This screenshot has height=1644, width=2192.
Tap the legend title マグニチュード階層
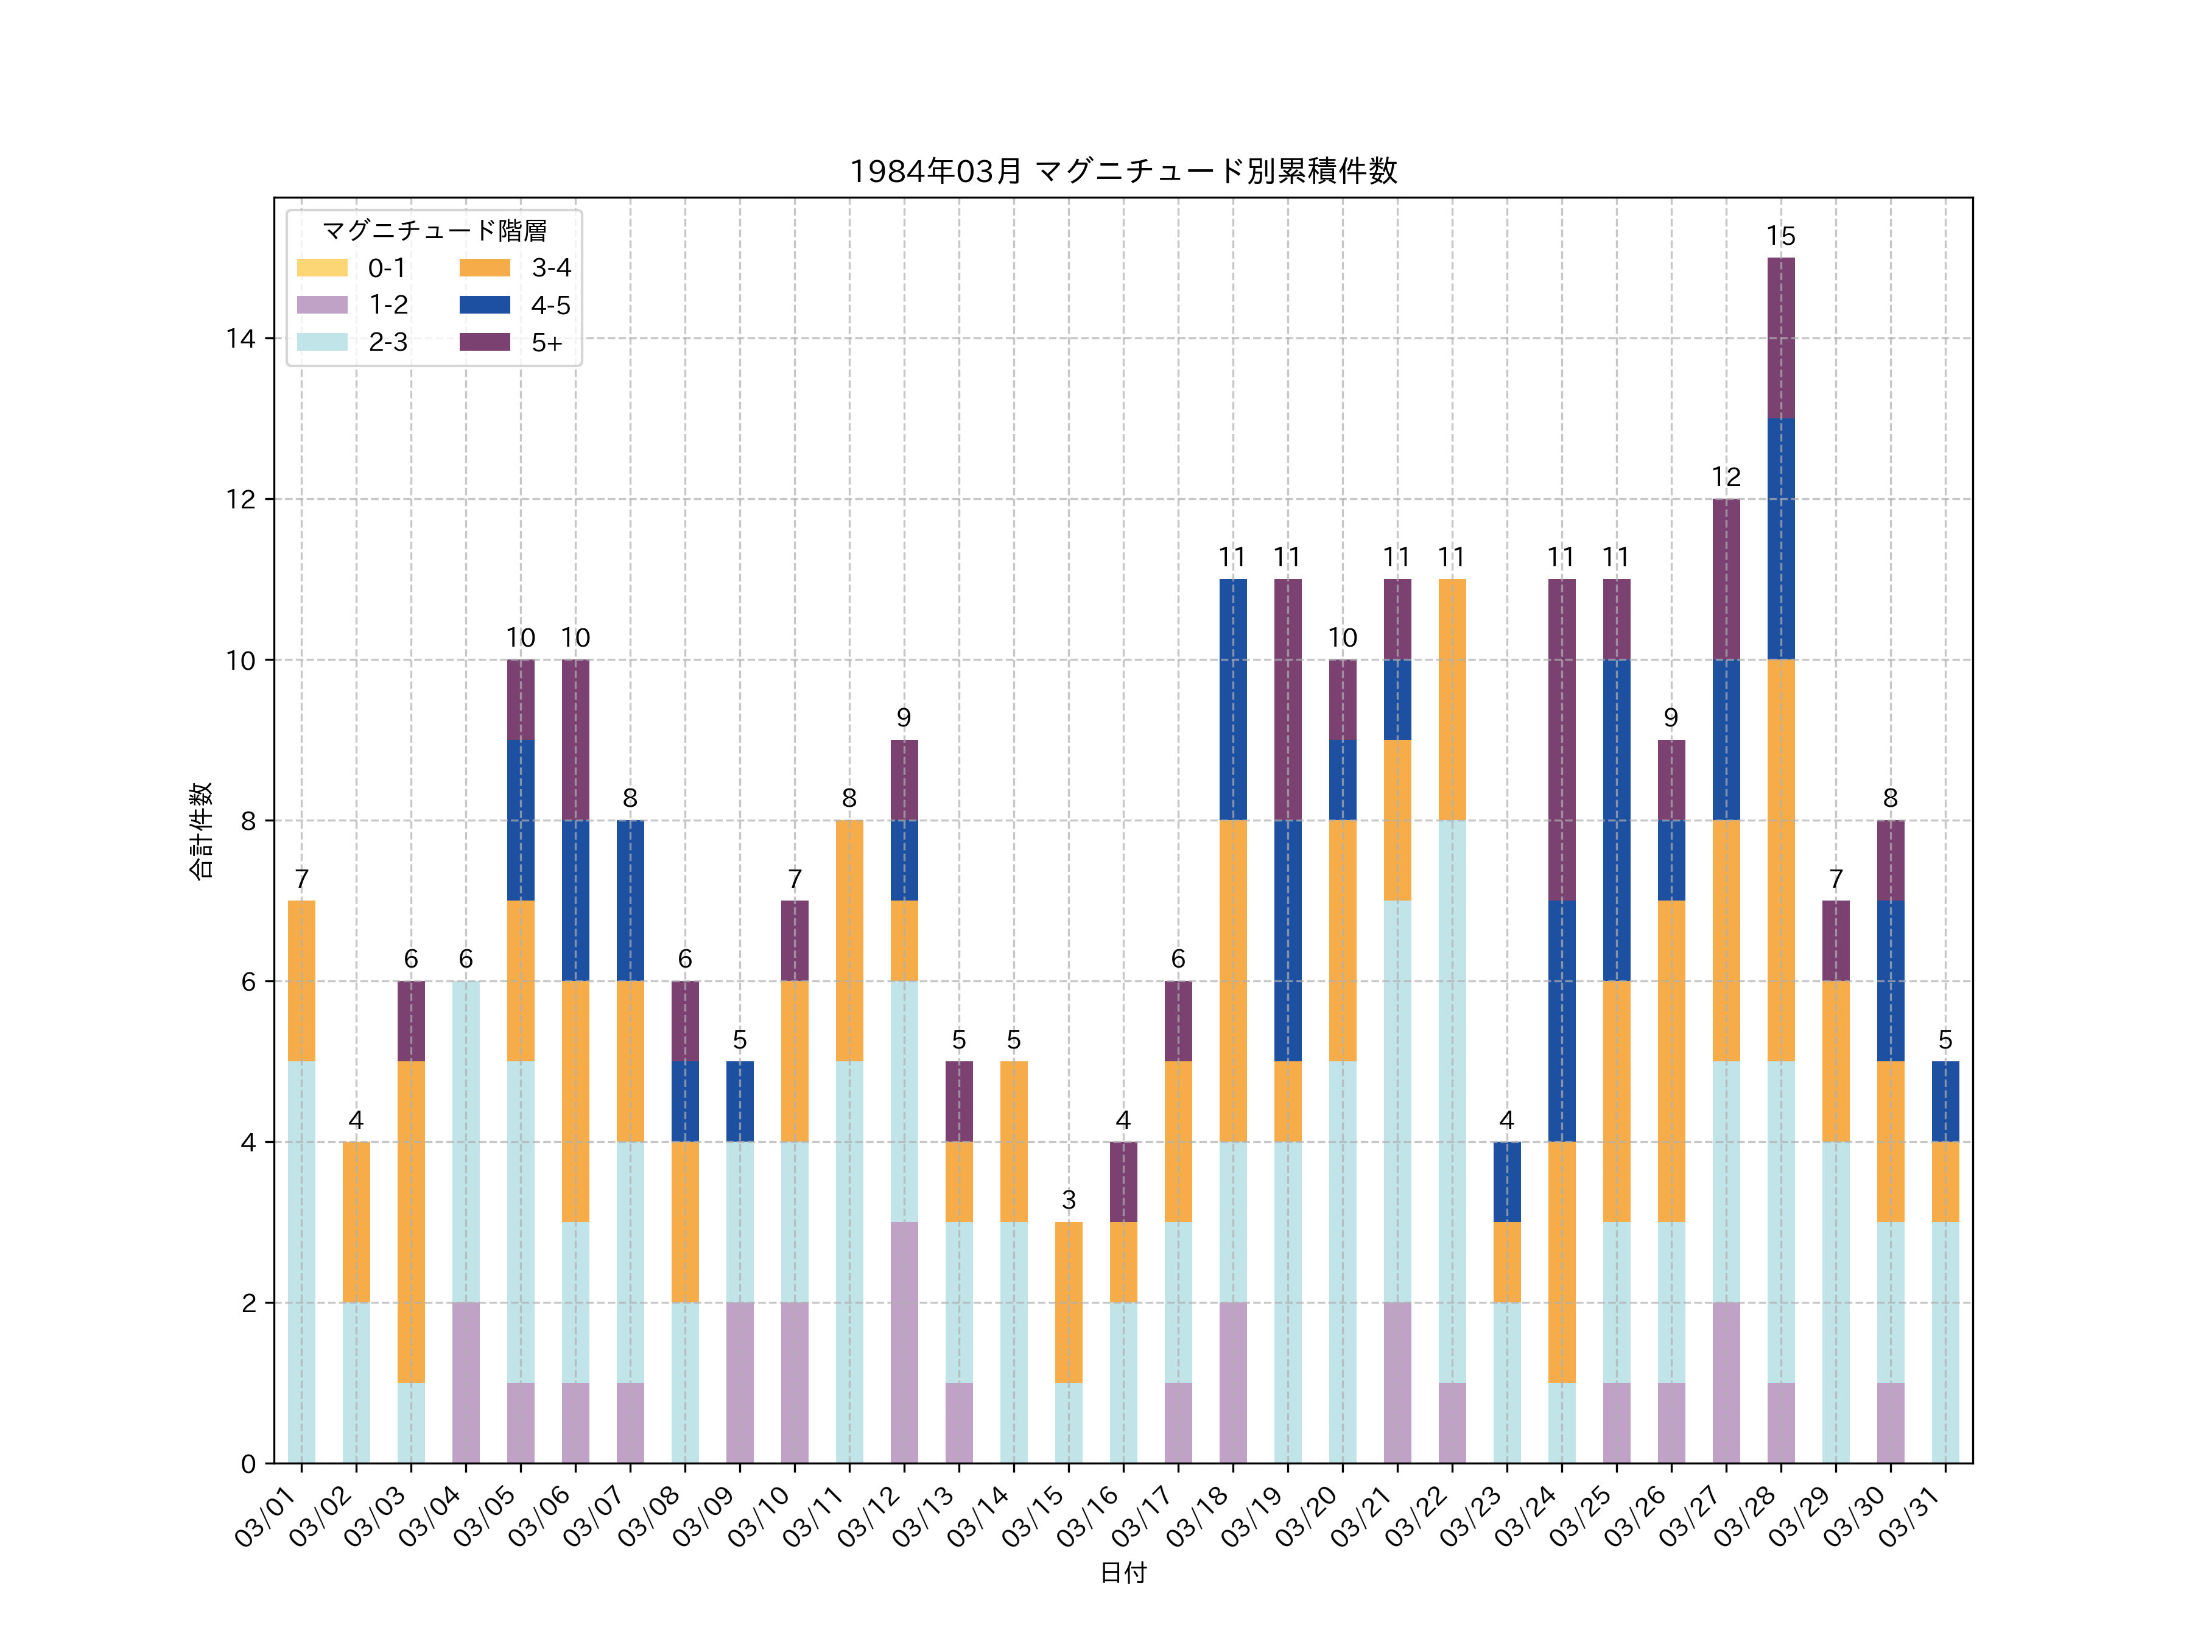pos(434,231)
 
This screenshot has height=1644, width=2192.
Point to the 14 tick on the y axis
pos(240,339)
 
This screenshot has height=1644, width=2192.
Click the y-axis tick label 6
pos(248,982)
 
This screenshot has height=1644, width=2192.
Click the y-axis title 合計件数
pos(201,831)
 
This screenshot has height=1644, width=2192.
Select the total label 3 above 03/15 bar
pos(1068,1200)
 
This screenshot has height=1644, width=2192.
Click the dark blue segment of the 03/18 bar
pos(1233,700)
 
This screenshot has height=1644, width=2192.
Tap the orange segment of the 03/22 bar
pos(1452,700)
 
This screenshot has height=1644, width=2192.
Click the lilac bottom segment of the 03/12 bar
pos(904,1342)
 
